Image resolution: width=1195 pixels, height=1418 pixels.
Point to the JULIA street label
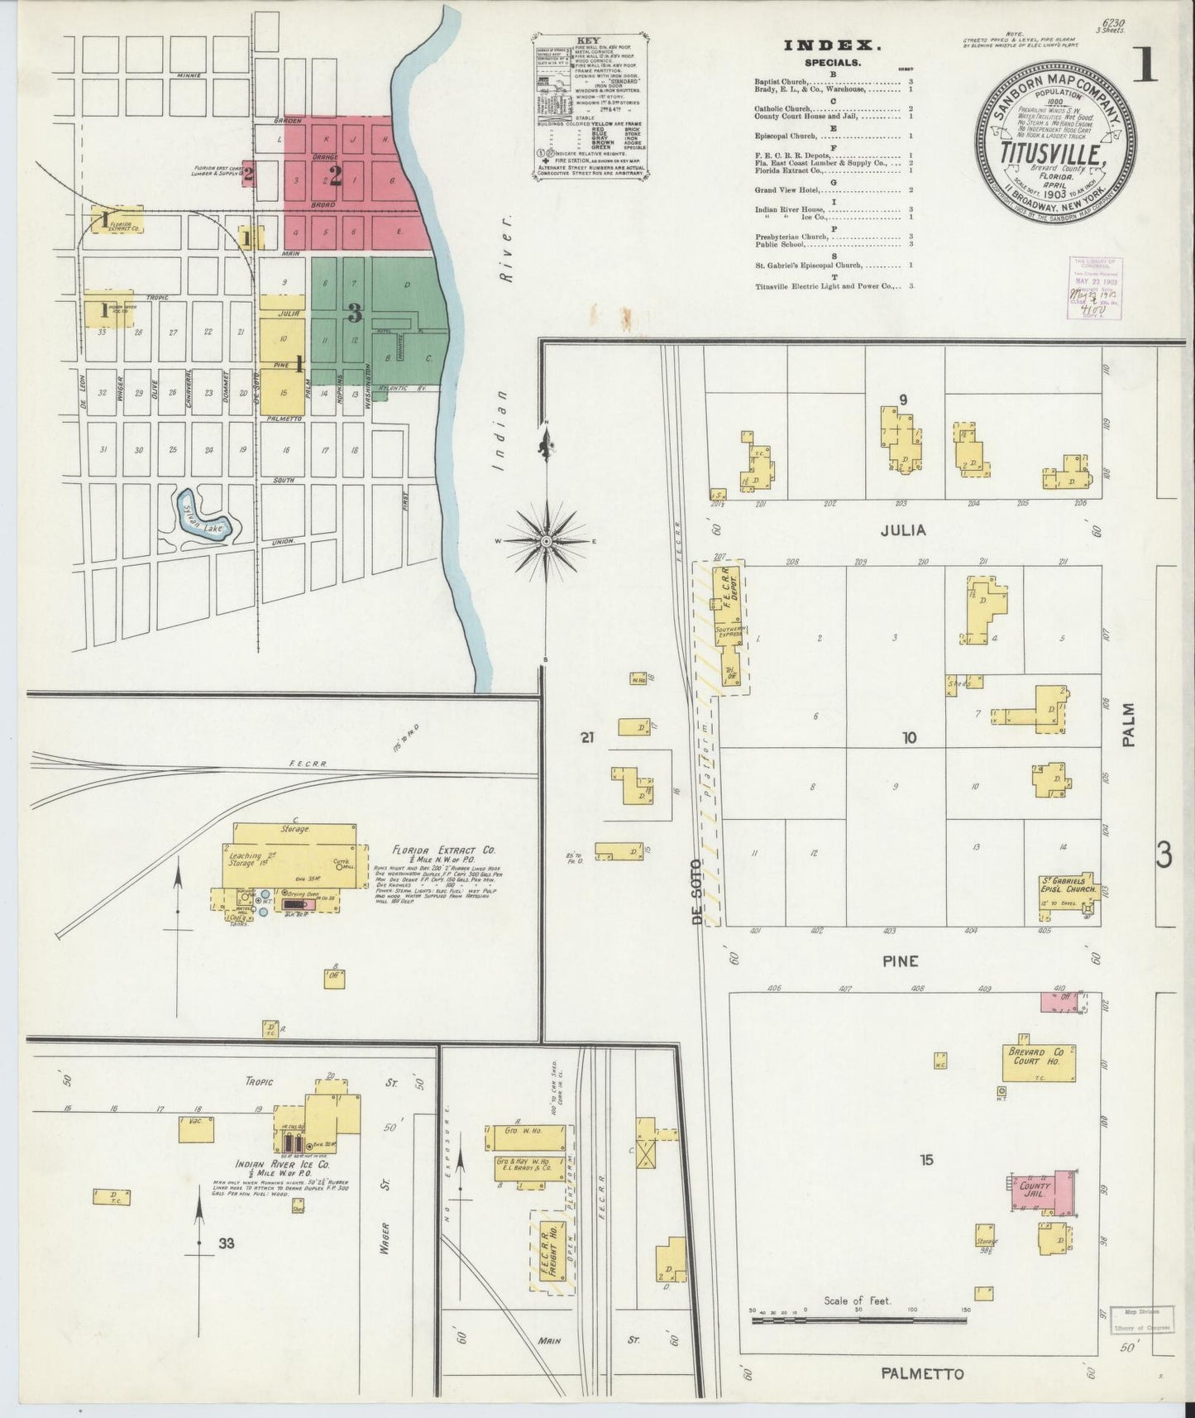click(902, 530)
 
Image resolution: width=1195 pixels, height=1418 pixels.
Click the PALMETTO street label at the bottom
click(922, 1374)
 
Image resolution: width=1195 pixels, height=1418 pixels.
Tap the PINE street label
click(900, 961)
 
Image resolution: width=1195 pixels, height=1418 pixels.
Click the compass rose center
click(546, 541)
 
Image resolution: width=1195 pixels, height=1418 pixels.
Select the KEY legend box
click(589, 119)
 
